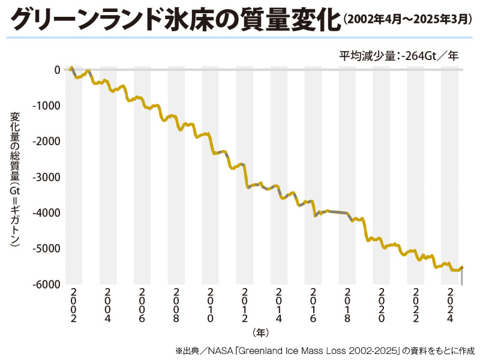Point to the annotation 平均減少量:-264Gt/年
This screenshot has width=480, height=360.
click(398, 56)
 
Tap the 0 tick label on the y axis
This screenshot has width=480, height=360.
click(57, 70)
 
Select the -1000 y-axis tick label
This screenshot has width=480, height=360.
click(46, 106)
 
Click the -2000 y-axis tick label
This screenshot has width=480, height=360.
click(46, 141)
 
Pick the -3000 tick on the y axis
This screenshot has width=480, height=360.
click(46, 177)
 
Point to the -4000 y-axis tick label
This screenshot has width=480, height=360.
click(46, 212)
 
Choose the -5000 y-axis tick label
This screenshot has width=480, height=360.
click(46, 248)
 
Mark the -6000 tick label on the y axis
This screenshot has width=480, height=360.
click(46, 284)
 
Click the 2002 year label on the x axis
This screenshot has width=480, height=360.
click(73, 307)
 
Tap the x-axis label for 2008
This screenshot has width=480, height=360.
click(176, 307)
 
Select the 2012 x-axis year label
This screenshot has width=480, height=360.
click(244, 307)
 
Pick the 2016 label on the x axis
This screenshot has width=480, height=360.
click(313, 307)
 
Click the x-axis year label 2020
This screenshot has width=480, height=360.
click(381, 307)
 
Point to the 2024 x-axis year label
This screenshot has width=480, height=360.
click(449, 307)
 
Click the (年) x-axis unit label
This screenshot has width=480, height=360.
click(260, 331)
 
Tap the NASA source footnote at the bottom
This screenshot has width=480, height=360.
click(325, 349)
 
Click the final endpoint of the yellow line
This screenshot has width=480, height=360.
click(462, 267)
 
